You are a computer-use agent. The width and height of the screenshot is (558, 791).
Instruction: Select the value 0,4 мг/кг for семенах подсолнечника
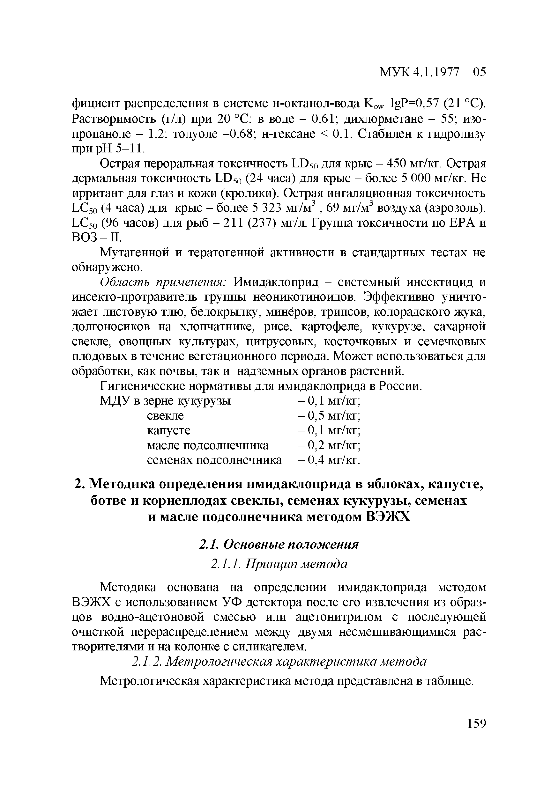329,460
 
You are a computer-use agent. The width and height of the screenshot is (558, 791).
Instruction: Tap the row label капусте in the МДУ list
168,431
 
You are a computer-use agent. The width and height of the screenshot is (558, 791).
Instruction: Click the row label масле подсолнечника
207,445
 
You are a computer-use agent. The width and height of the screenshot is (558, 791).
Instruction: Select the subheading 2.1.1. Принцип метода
279,564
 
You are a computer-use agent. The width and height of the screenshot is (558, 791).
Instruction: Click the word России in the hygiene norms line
400,386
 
